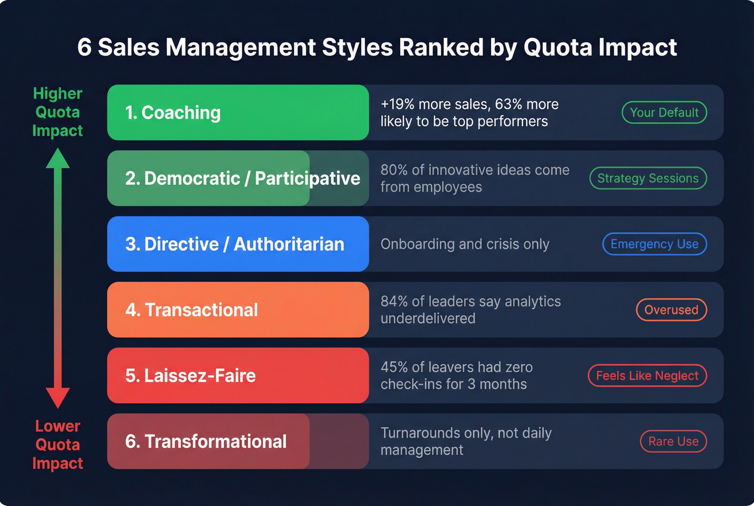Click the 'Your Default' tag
(664, 113)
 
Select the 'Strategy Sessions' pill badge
(648, 178)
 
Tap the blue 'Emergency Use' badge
(654, 244)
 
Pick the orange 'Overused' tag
(671, 310)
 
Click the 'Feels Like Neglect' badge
(647, 376)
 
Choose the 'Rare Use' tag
(673, 441)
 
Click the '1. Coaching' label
(173, 113)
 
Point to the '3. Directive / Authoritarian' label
(235, 244)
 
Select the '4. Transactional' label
(192, 310)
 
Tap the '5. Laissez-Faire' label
(191, 376)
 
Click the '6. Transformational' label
(206, 441)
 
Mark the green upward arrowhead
(58, 158)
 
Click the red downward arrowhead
(58, 398)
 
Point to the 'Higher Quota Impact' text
(58, 112)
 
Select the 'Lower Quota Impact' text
(58, 445)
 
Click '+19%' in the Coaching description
(397, 105)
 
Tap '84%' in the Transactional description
(394, 302)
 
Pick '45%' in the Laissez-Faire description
(394, 368)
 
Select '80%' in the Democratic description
(394, 170)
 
